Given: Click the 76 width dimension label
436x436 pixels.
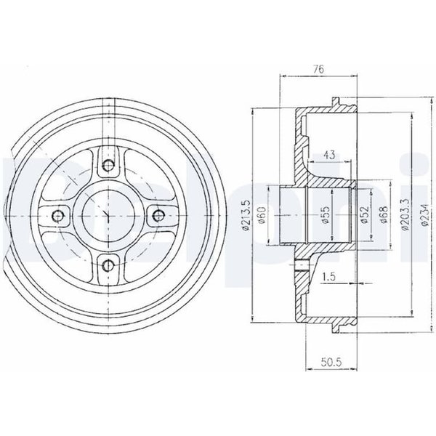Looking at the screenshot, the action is pyautogui.click(x=319, y=69).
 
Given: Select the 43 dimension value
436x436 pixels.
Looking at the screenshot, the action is pyautogui.click(x=329, y=155).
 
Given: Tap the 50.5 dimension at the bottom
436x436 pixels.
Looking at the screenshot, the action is pyautogui.click(x=331, y=362).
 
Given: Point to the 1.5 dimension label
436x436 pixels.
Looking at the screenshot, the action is pyautogui.click(x=329, y=277).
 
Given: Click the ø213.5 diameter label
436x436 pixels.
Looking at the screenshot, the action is pyautogui.click(x=246, y=215).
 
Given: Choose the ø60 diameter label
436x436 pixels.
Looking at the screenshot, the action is pyautogui.click(x=262, y=215).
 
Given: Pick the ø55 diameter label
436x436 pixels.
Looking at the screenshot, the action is pyautogui.click(x=326, y=214).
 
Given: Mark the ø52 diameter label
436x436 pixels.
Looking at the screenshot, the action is pyautogui.click(x=365, y=214).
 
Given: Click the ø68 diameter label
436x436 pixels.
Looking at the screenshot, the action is pyautogui.click(x=384, y=214).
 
